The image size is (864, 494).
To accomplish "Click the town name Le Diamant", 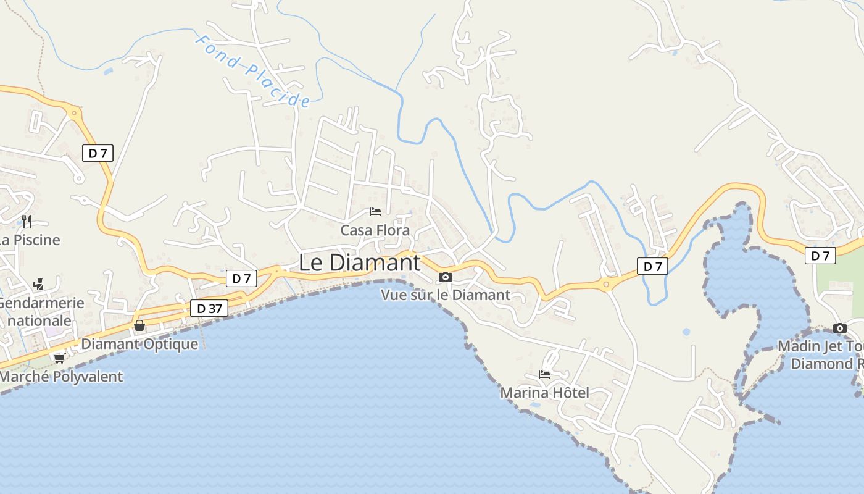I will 359,262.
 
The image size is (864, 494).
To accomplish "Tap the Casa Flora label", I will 375,230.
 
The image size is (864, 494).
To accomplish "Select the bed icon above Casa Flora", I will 375,212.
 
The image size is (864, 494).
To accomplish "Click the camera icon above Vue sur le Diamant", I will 445,277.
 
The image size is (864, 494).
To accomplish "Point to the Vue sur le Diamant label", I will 446,295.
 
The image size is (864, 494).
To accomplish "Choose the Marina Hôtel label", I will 544,393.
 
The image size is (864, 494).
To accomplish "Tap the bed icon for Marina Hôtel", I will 544,374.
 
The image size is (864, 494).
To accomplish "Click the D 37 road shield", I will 209,308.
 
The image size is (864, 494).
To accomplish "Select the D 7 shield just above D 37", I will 241,278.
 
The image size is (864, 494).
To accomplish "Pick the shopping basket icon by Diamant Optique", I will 139,325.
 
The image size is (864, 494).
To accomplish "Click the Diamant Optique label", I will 139,344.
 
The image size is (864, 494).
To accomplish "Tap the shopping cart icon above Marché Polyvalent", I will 59,358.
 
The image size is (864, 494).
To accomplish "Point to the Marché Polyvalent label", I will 61,377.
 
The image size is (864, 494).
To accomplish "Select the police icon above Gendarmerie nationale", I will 38,284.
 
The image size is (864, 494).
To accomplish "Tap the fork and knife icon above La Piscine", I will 26,221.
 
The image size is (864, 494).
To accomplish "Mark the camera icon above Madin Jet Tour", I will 839,328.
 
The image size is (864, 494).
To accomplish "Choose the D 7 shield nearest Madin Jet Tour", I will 820,256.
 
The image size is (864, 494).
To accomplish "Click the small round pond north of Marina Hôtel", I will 686,332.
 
